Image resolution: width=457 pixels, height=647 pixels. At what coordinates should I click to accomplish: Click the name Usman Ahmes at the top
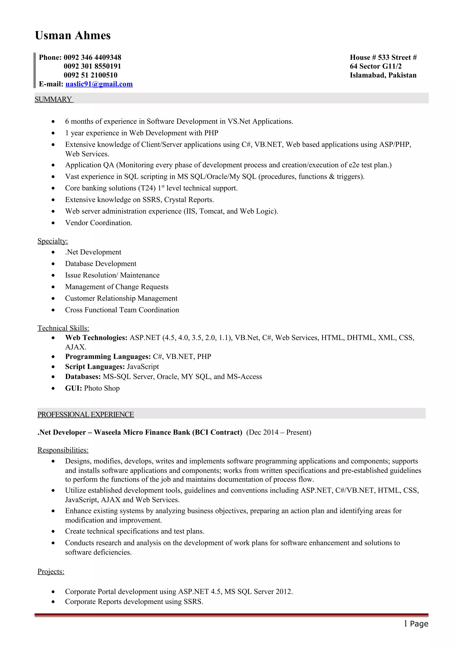pos(73,35)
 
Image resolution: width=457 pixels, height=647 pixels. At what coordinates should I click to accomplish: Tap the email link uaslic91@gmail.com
pos(99,84)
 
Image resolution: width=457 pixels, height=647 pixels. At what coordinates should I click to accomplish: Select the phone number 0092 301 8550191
pos(92,66)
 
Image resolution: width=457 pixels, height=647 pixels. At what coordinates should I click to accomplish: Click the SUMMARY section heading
pos(54,100)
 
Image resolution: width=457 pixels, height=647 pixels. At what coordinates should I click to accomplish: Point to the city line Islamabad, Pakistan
pos(383,75)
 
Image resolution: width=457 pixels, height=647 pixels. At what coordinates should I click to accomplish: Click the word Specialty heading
pos(53,241)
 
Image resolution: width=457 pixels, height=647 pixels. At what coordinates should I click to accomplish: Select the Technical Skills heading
pos(63,328)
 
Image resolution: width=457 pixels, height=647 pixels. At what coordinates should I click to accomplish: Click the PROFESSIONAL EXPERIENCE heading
pos(86,415)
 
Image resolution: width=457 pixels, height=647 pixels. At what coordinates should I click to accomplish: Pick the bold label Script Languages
pos(95,367)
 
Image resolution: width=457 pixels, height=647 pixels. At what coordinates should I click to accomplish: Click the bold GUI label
pos(73,388)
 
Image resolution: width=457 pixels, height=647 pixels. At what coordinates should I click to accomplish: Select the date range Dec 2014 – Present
pos(278,432)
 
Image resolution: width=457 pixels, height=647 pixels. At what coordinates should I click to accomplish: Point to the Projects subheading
pos(51,572)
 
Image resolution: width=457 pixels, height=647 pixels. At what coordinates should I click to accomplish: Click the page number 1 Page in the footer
pos(416,624)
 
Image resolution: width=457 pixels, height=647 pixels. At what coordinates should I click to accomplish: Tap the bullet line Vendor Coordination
pos(99,223)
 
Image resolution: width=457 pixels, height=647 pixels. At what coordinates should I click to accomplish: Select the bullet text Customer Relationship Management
pos(121,298)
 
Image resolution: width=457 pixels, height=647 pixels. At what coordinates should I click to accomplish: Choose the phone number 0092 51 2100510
pos(90,75)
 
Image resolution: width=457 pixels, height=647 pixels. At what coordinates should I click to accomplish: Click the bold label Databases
pos(83,377)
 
